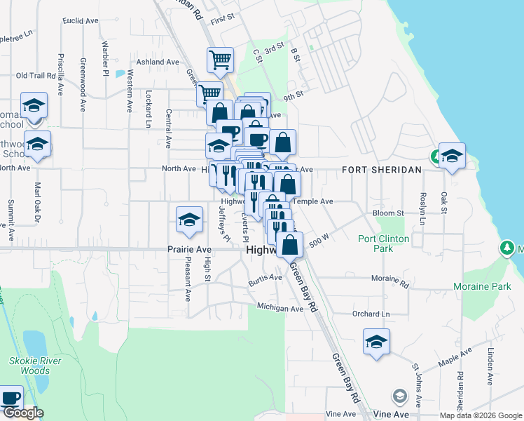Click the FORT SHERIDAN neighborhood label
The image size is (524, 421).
click(x=382, y=170)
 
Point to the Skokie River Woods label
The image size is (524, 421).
click(x=41, y=366)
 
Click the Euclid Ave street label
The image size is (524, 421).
click(x=80, y=21)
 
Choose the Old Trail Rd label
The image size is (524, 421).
click(x=35, y=75)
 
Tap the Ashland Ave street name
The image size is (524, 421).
click(x=158, y=62)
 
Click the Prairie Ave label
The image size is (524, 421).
click(x=189, y=249)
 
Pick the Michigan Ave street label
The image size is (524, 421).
click(x=280, y=307)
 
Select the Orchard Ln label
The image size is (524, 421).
click(x=371, y=314)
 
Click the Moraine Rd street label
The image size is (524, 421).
click(x=390, y=281)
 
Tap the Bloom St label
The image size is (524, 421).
click(x=389, y=213)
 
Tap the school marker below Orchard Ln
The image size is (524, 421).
click(x=376, y=342)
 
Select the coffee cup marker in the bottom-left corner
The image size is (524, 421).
click(x=10, y=398)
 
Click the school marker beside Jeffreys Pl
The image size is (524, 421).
click(x=188, y=220)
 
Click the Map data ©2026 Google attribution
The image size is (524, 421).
click(x=479, y=415)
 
